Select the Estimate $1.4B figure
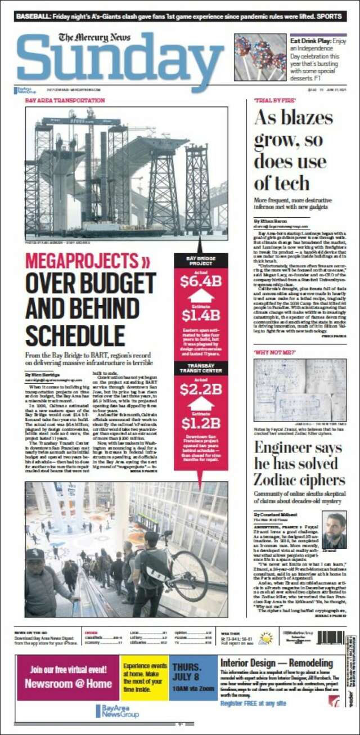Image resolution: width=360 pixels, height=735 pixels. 201,314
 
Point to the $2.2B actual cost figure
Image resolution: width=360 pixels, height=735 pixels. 201,389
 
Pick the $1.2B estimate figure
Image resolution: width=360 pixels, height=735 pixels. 201,423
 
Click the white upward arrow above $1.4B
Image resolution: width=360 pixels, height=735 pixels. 201,296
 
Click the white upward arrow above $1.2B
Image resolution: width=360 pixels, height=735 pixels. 201,404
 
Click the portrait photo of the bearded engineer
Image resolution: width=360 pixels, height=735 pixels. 334,529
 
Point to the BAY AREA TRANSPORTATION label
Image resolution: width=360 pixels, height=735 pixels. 65,100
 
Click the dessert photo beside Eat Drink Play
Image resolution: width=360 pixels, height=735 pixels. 259,57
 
